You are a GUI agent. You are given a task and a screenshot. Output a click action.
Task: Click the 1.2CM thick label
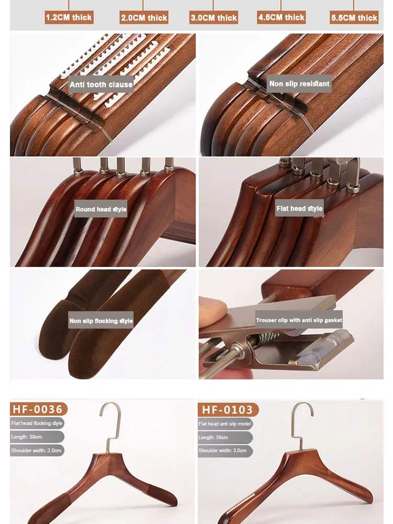click(69, 17)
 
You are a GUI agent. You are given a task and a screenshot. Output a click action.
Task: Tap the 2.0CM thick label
click(144, 17)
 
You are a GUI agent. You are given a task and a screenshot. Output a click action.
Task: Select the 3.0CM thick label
click(213, 17)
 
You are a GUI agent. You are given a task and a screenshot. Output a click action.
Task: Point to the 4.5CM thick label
click(281, 17)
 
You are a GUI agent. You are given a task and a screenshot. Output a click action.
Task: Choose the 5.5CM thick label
click(354, 17)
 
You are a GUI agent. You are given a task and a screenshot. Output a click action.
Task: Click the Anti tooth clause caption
click(101, 84)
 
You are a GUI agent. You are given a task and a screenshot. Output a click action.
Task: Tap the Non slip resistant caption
click(299, 84)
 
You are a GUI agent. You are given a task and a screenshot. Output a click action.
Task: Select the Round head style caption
click(101, 209)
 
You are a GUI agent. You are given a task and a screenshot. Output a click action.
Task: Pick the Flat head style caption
click(299, 209)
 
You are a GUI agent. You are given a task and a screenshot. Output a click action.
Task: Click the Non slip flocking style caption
click(101, 321)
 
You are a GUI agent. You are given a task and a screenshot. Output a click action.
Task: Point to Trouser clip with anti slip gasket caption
click(299, 320)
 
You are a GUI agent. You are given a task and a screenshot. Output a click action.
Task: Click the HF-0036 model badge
click(38, 409)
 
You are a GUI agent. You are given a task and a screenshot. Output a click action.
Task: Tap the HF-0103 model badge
click(227, 409)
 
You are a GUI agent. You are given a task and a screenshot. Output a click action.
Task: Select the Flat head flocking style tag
click(37, 423)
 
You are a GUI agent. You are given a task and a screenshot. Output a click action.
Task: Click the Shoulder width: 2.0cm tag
click(37, 450)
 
